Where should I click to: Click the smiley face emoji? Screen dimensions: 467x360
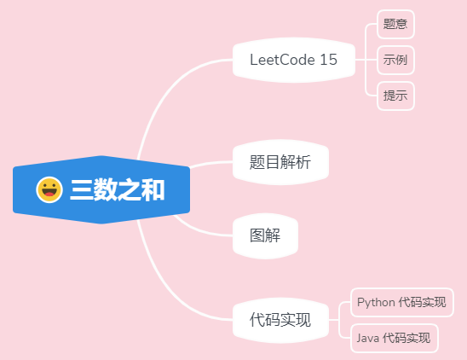click(x=49, y=189)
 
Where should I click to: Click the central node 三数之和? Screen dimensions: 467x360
click(x=101, y=189)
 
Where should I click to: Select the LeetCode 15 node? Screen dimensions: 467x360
click(x=294, y=60)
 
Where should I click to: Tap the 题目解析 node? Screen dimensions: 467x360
click(x=280, y=162)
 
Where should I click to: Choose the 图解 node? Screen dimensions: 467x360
click(x=265, y=235)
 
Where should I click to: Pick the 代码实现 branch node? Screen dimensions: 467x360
click(x=280, y=320)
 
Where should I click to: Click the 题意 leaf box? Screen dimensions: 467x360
click(x=395, y=24)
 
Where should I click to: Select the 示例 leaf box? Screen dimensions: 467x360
click(x=395, y=60)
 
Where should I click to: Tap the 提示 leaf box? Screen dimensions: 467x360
click(x=395, y=96)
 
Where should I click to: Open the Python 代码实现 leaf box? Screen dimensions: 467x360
click(x=402, y=302)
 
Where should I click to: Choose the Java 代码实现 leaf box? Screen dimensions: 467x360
click(x=395, y=338)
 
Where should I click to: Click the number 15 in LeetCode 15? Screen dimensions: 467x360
click(x=328, y=60)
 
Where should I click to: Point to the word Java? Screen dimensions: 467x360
click(x=368, y=338)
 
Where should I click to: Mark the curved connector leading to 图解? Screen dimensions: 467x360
click(x=199, y=230)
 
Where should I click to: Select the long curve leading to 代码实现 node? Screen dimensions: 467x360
click(x=167, y=289)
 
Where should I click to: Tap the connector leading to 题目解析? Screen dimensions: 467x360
click(x=210, y=164)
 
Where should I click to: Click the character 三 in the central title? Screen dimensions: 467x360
click(x=81, y=189)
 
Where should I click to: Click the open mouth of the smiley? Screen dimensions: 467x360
click(x=49, y=194)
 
